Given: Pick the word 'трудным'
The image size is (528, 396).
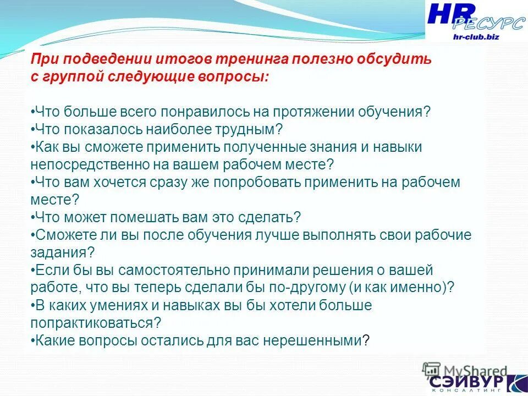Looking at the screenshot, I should click(x=251, y=129).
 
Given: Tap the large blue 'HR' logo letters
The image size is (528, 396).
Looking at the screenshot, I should click(x=449, y=15).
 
